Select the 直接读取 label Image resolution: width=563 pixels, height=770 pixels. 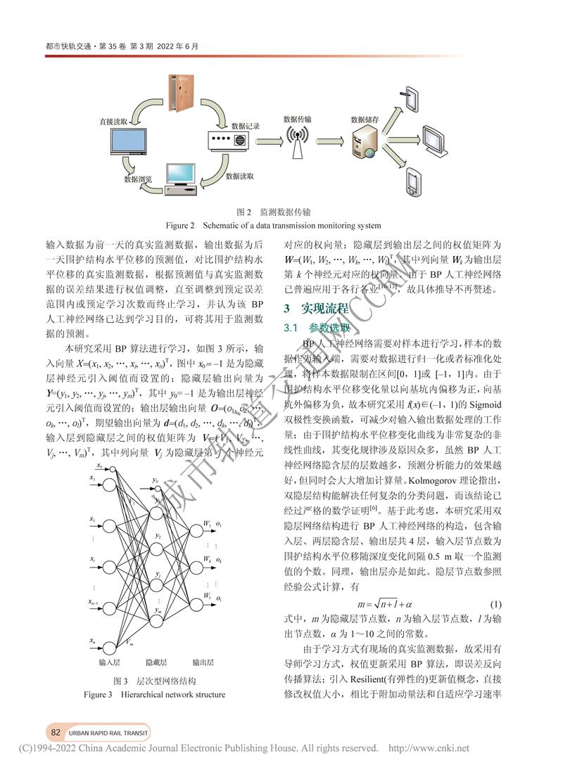coord(114,122)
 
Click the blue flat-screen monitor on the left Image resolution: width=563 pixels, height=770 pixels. coord(128,143)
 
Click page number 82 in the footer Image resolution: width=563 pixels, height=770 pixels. coord(56,732)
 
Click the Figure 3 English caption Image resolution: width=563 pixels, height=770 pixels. coord(155,695)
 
